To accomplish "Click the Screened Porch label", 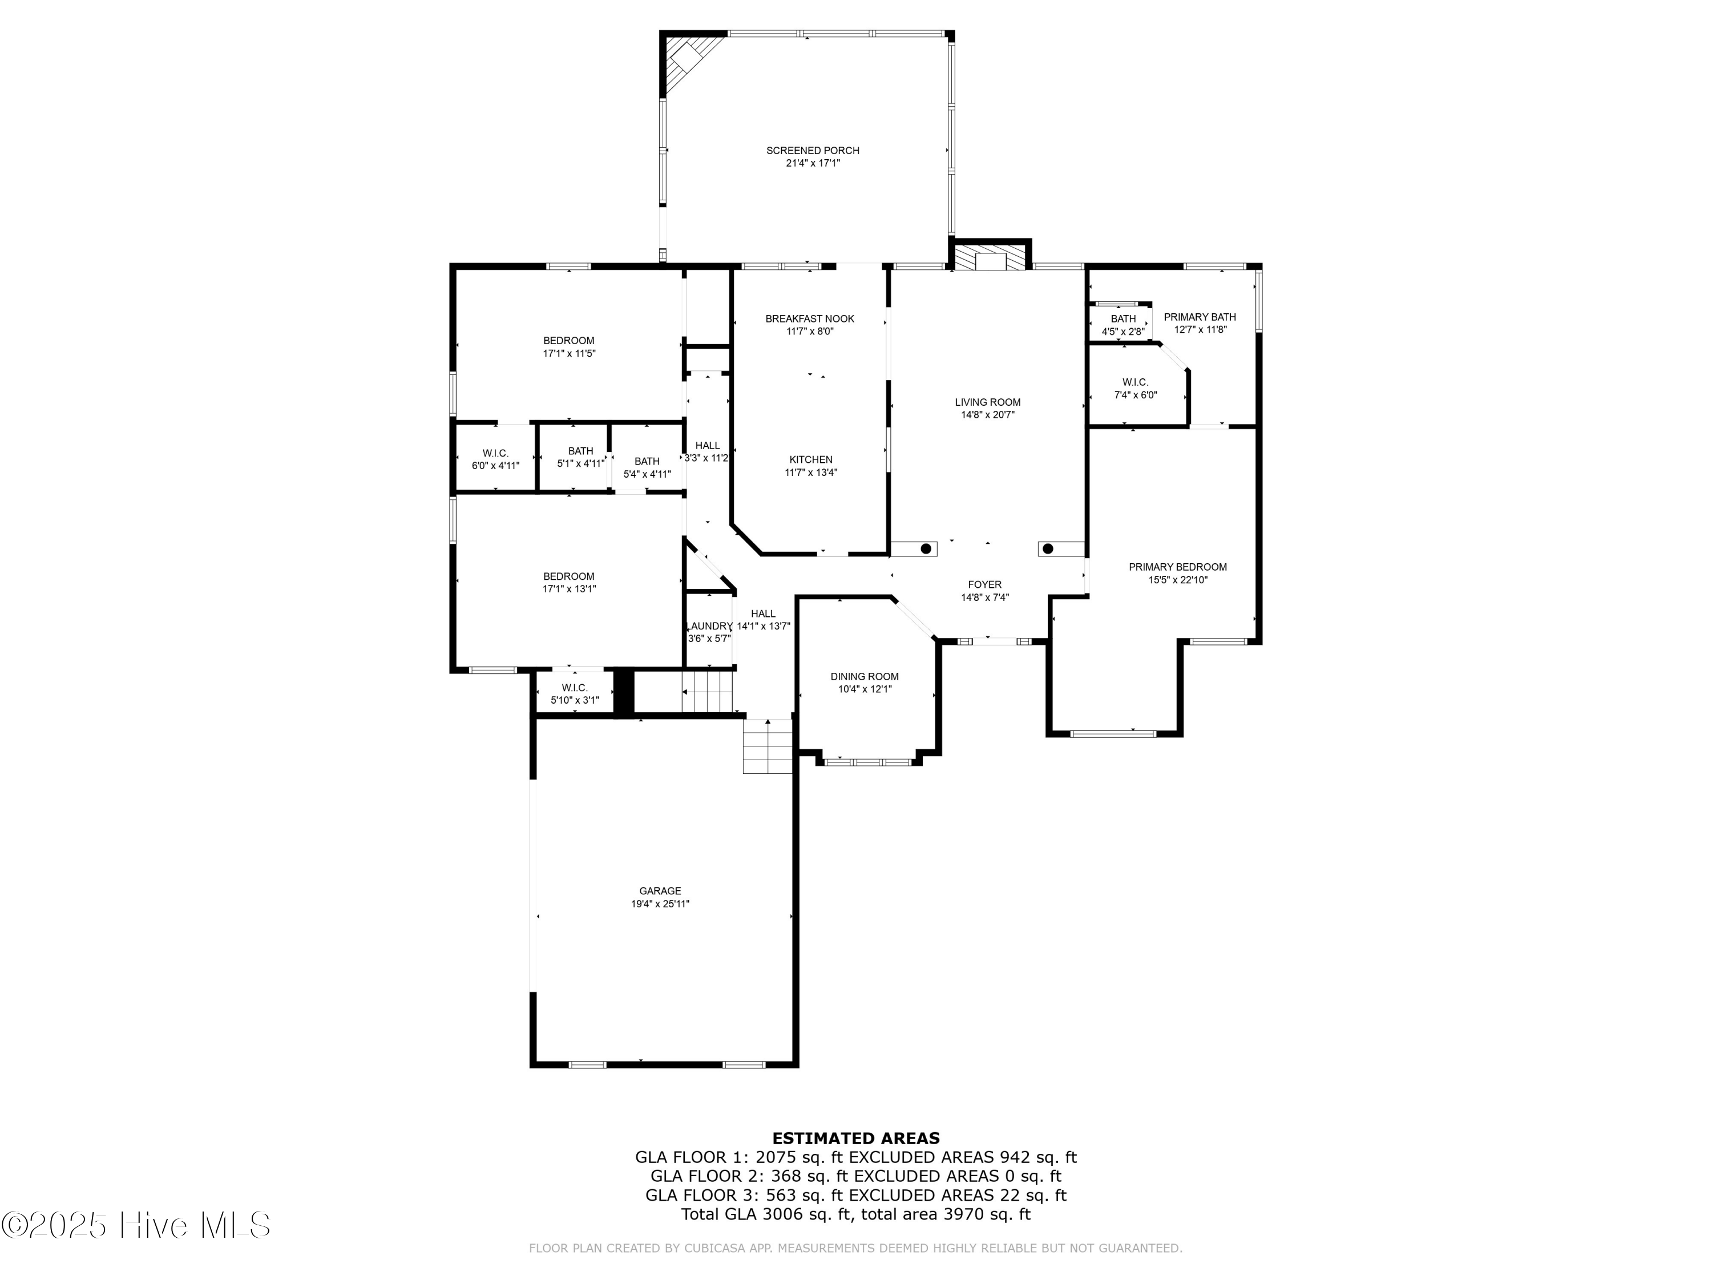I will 812,150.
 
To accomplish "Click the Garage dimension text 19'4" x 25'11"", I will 660,904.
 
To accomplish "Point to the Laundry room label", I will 709,626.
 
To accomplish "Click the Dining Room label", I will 865,676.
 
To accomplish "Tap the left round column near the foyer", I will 926,549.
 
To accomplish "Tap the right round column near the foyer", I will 1048,549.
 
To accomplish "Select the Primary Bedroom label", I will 1177,567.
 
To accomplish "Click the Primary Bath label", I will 1199,317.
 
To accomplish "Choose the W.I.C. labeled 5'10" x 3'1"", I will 574,693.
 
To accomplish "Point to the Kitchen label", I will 810,460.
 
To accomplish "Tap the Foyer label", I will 984,585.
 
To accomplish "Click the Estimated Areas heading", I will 855,1138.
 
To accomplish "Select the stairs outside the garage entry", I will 767,747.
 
